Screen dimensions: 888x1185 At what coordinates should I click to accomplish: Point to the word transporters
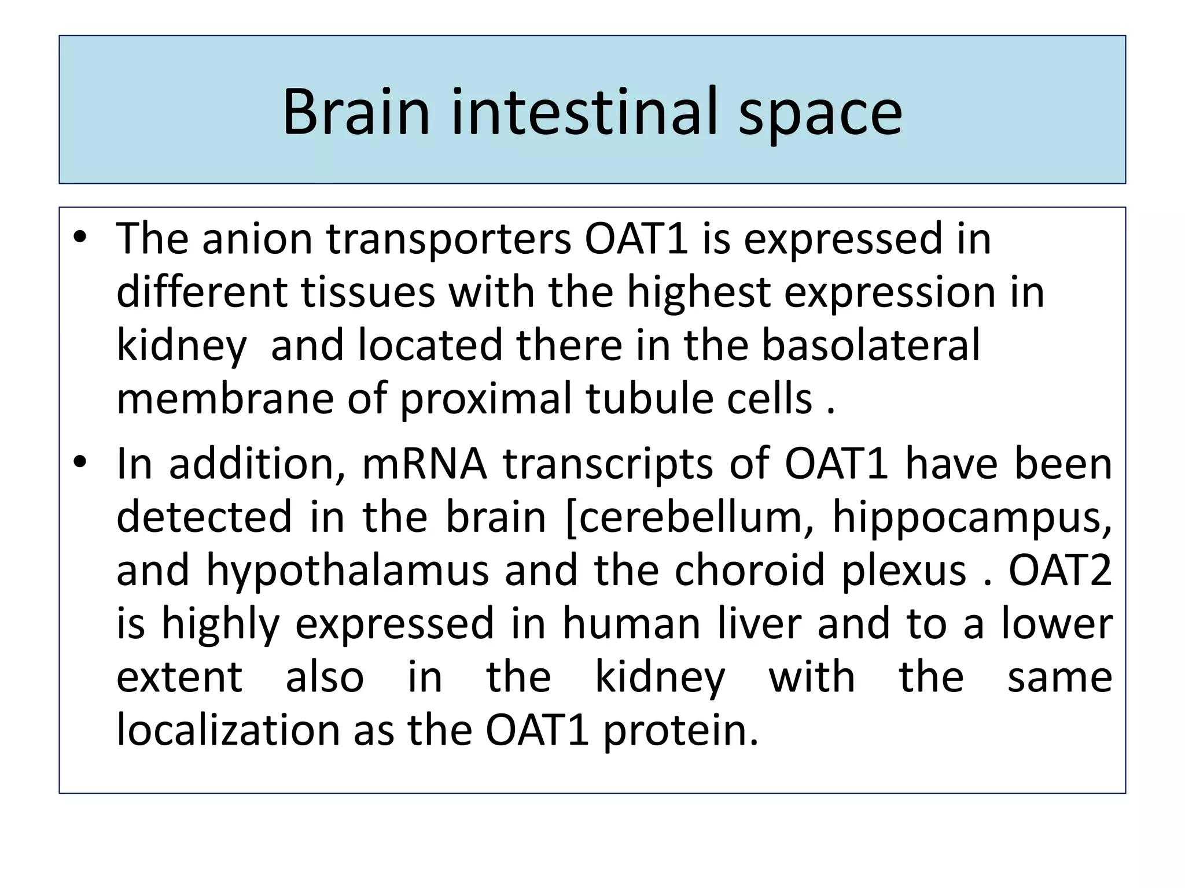click(x=448, y=239)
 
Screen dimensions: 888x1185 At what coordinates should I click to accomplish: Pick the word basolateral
click(x=870, y=345)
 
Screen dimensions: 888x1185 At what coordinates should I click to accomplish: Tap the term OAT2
click(x=1059, y=570)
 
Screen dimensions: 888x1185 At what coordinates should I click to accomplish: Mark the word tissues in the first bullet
click(x=368, y=292)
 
